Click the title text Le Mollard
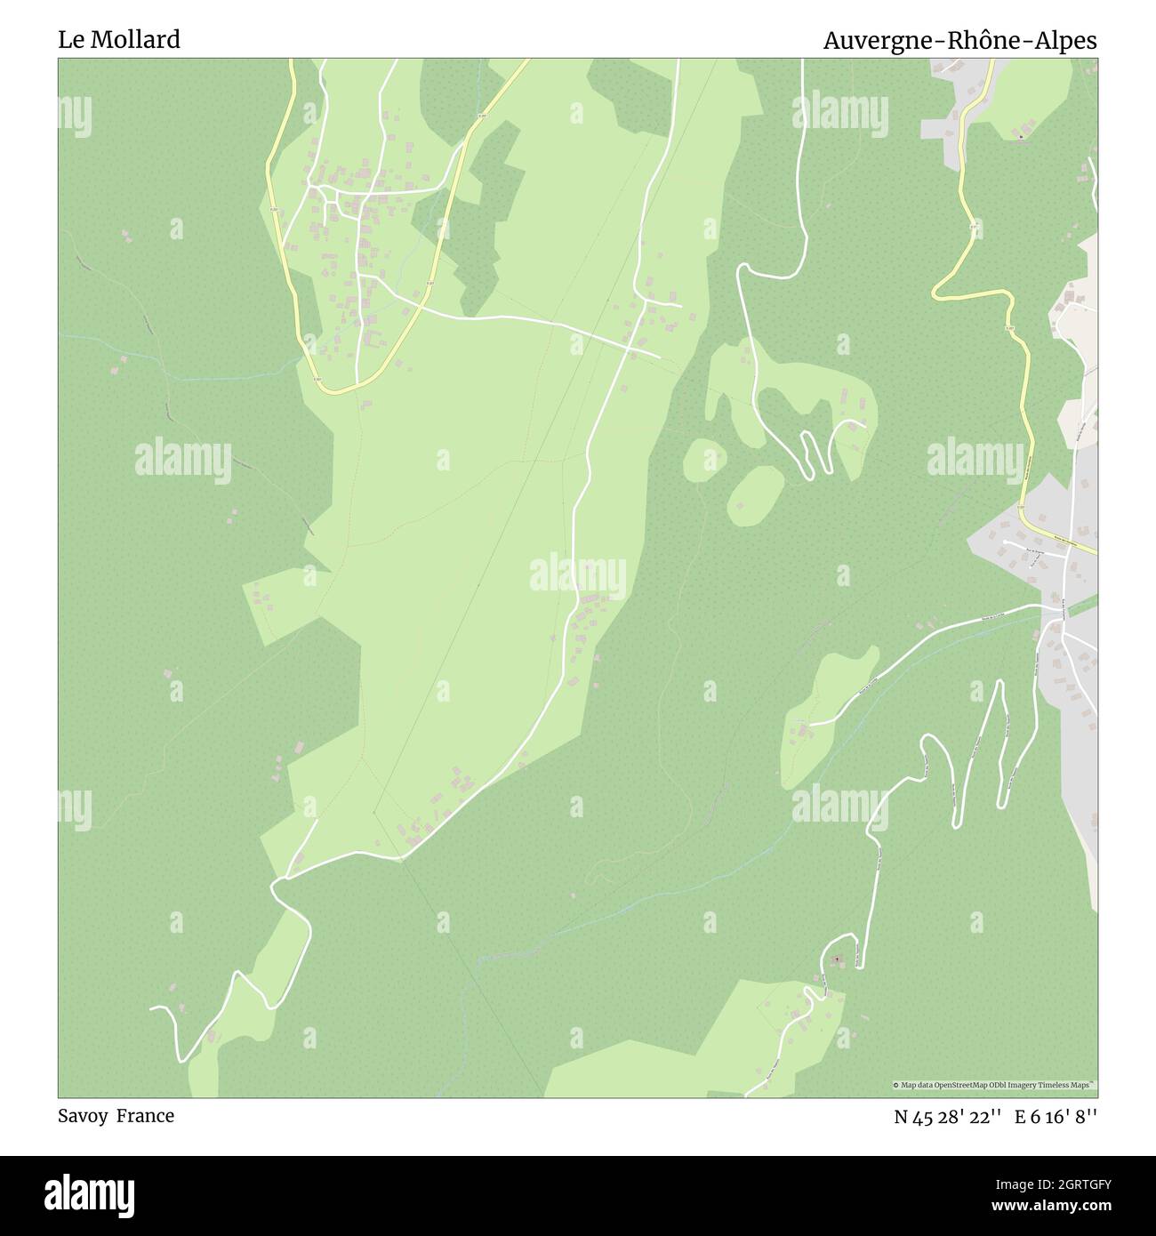[x=119, y=39]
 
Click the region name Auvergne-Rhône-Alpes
[x=959, y=41]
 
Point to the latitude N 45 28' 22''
[x=948, y=1117]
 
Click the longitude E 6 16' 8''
[x=1058, y=1117]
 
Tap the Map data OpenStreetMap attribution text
[x=993, y=1085]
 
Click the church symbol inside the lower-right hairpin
[x=836, y=960]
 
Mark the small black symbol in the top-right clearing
[x=1021, y=137]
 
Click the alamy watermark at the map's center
[x=578, y=574]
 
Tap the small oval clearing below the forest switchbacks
[x=756, y=494]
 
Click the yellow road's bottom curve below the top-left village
[x=338, y=389]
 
